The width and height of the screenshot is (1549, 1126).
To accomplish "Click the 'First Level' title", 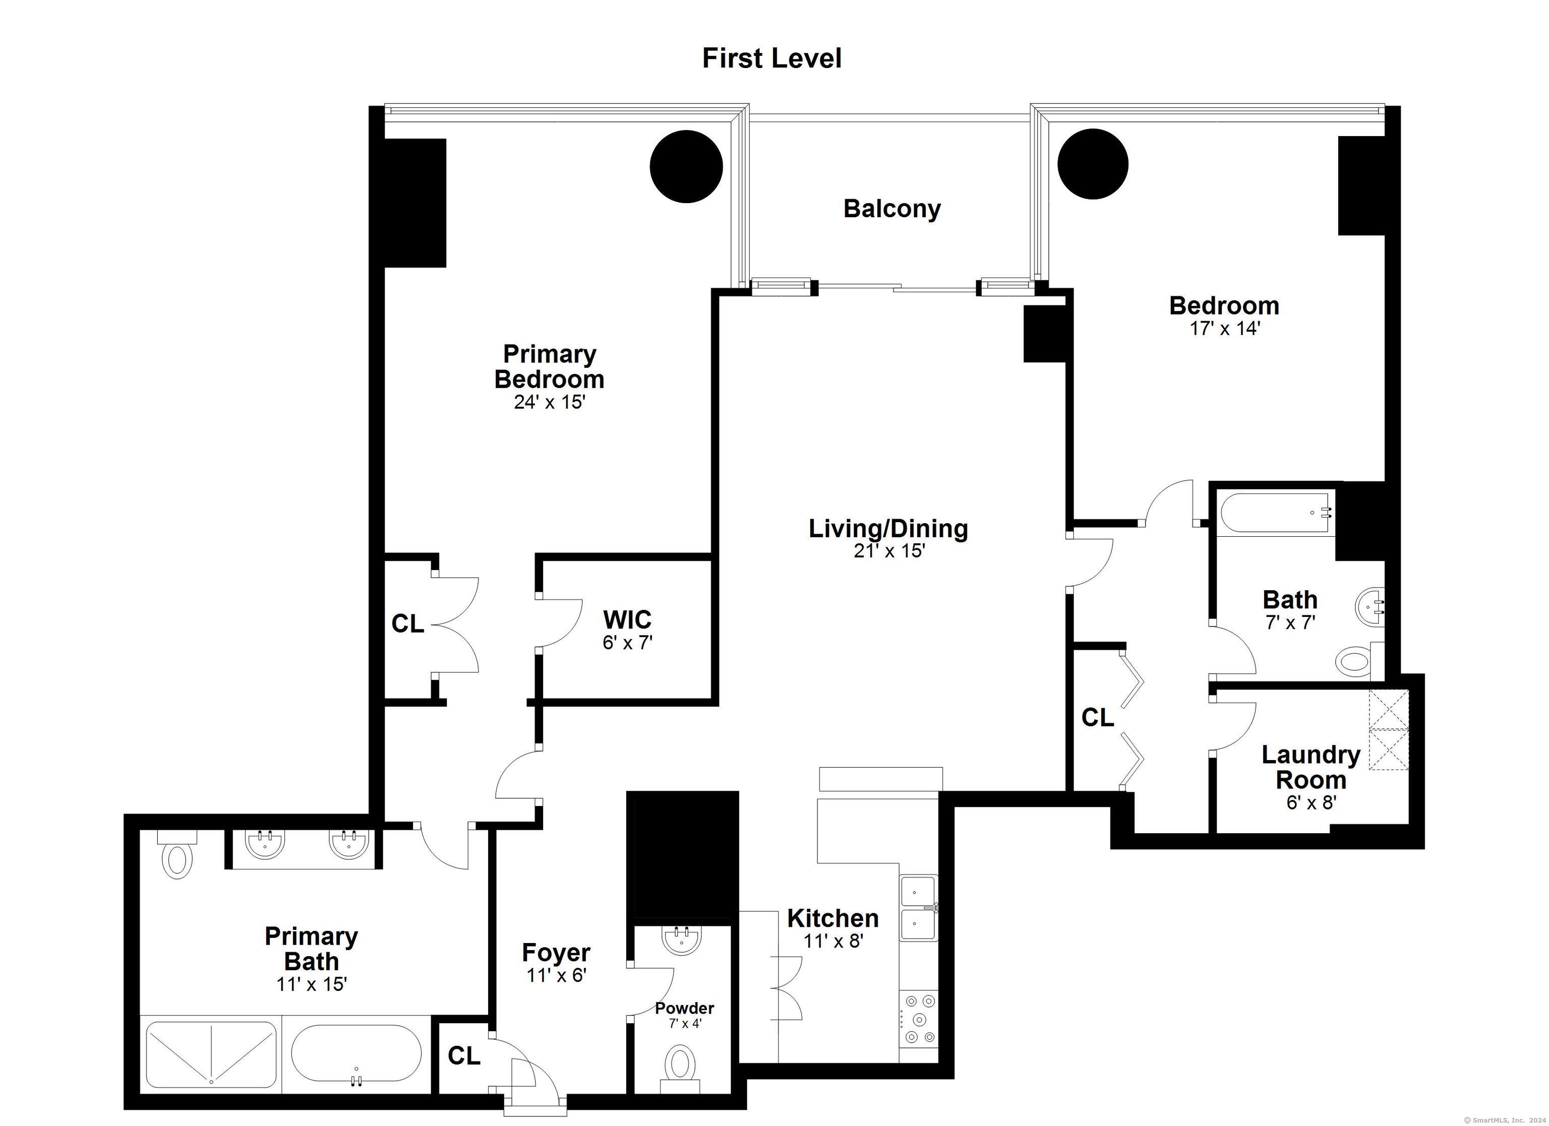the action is [x=772, y=59].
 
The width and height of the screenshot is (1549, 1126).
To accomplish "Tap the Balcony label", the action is [x=892, y=208].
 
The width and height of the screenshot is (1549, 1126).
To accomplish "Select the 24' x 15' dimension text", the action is [x=550, y=402].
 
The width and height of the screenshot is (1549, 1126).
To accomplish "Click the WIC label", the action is [x=627, y=619].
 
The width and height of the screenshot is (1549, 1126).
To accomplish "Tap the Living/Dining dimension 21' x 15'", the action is [x=888, y=550].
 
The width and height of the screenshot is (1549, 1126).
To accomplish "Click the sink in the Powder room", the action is [x=682, y=941].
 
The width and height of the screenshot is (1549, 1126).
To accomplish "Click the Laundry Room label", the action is [x=1310, y=767].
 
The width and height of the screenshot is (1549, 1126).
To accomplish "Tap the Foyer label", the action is [x=556, y=953].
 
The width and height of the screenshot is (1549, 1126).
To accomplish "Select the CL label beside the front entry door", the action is [x=464, y=1056].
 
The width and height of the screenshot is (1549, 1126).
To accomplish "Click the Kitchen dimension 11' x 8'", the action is [x=833, y=941].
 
